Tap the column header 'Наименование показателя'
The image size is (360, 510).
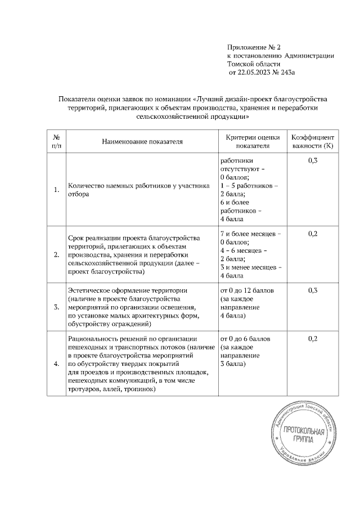tap(142, 141)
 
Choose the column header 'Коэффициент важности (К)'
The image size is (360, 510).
tap(313, 141)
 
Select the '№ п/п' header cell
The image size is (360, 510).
tap(56, 141)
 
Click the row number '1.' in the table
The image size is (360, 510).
tap(56, 190)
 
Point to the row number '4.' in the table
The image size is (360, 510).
tap(56, 364)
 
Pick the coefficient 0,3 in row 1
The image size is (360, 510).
tap(313, 161)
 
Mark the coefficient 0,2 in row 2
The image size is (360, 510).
tap(313, 233)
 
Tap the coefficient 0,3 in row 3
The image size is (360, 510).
tap(313, 290)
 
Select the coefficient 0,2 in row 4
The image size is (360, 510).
tap(313, 339)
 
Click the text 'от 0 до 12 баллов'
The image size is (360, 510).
tap(247, 290)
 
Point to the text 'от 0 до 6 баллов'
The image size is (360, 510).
tap(246, 339)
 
